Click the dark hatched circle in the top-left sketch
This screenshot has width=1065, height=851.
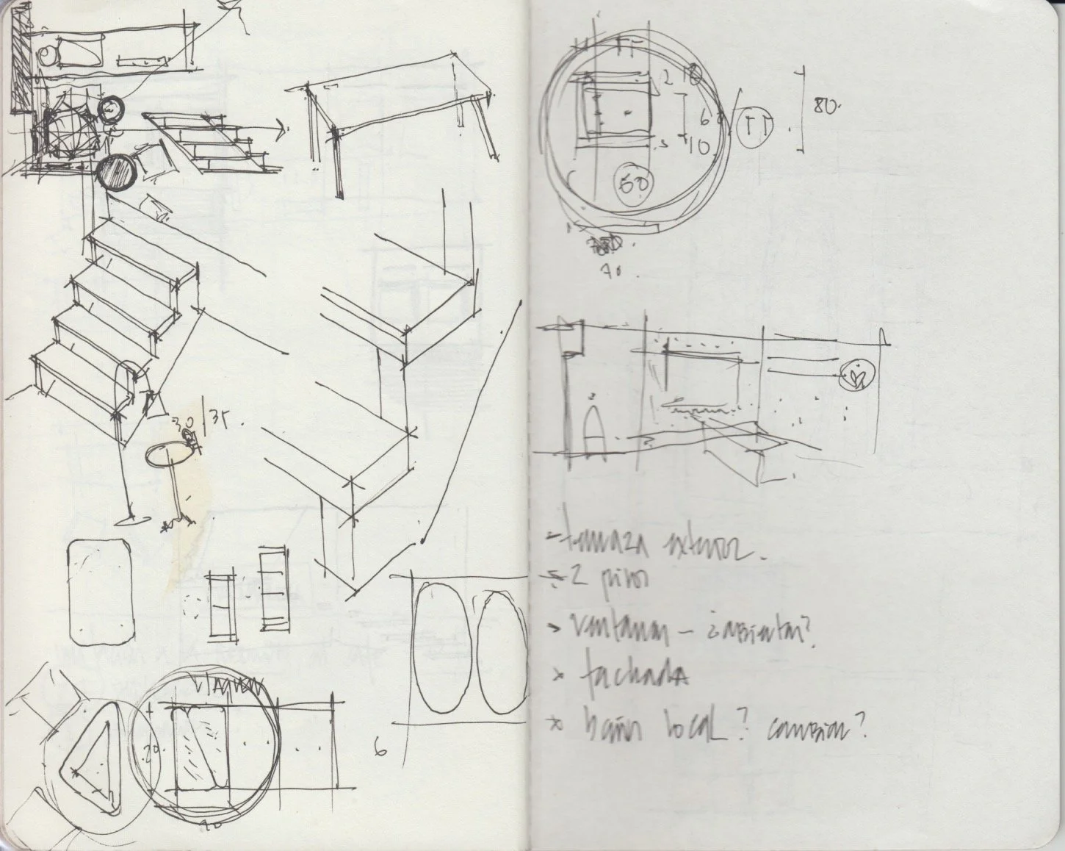pos(115,173)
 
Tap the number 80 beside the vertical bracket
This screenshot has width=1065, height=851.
pos(826,106)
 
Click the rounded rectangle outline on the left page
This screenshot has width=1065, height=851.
pos(101,591)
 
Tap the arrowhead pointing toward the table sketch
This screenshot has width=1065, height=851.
pos(281,130)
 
